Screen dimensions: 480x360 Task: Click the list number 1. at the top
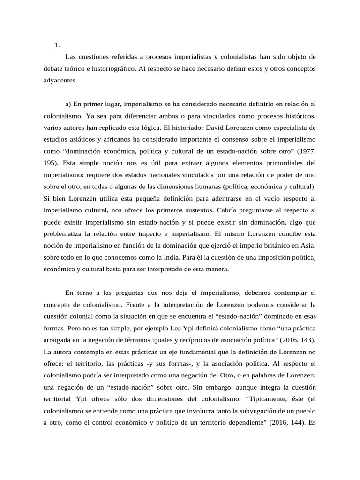57,45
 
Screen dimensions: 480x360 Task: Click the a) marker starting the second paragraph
68,104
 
